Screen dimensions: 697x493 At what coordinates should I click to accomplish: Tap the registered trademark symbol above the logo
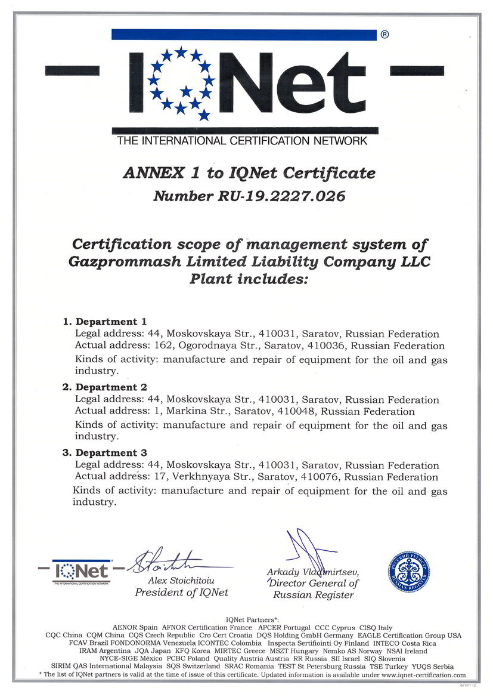click(385, 35)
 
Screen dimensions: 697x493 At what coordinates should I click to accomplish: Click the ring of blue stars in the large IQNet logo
click(181, 83)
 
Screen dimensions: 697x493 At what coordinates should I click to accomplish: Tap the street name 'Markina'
click(194, 411)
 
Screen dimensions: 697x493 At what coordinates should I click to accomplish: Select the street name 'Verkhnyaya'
click(201, 477)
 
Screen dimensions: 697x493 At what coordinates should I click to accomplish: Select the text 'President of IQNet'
click(181, 593)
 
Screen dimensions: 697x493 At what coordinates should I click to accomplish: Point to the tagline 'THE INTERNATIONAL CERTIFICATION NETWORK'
click(242, 141)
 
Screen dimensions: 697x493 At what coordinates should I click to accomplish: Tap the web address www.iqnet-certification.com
click(423, 675)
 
